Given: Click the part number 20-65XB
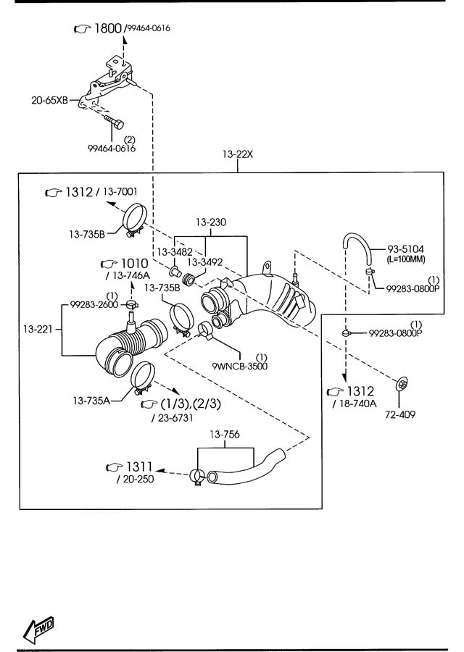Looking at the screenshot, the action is [49, 100].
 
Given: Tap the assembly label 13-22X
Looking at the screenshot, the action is [238, 154].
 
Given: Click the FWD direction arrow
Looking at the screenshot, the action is [38, 628].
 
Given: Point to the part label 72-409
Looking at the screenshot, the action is [400, 414].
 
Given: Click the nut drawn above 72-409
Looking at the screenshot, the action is [402, 385].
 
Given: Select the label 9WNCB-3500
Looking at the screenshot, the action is [240, 366].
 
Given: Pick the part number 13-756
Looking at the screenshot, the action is [225, 435].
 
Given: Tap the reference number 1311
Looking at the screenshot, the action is [139, 467].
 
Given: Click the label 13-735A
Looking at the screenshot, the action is [91, 401].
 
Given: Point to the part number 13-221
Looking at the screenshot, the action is [38, 330].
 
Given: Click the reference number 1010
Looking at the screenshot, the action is [134, 263].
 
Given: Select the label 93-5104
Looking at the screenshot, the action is [406, 249].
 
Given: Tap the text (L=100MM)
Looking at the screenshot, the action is [406, 259].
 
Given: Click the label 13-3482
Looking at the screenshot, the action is [175, 252].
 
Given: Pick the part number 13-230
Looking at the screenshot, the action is [211, 222].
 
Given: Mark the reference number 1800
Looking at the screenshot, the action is [108, 28].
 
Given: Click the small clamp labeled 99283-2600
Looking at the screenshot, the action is [131, 305].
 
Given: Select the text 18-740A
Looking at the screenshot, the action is [357, 404].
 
